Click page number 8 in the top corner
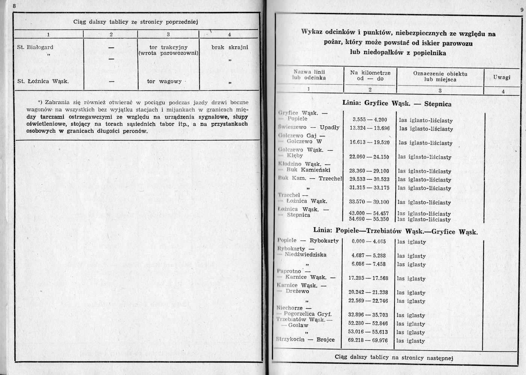pos(14,6)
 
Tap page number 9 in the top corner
pos(522,10)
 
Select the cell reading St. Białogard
pos(35,47)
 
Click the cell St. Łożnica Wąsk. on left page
pos(43,81)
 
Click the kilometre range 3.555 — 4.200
pos(370,120)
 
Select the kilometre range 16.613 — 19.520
pos(369,142)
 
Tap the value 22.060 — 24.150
pos(369,157)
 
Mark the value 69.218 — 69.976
pos(368,340)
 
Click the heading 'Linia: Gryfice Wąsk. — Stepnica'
pos(397,103)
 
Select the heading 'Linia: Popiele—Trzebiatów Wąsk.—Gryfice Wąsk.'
pos(395,231)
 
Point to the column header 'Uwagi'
pos(502,77)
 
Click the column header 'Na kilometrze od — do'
pos(370,75)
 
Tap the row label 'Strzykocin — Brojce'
pos(305,340)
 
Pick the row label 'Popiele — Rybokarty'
pos(308,241)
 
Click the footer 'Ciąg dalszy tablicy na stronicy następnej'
pos(394,357)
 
